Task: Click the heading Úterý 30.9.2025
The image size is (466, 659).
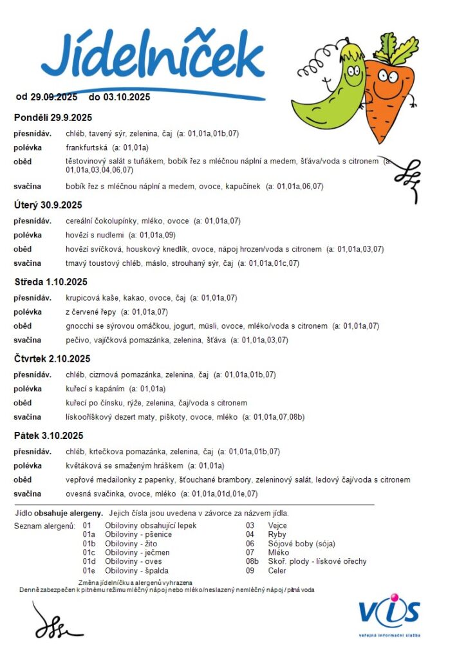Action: coord(48,205)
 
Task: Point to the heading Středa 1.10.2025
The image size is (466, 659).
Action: coord(51,282)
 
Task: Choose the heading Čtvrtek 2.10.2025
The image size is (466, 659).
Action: coord(52,359)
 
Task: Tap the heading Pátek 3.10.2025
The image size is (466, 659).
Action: coord(49,436)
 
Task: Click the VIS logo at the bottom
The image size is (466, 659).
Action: coord(389,615)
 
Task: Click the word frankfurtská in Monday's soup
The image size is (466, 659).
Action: coord(86,147)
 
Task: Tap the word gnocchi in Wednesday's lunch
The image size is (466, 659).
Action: coord(80,326)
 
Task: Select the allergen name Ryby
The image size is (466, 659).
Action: coord(277,534)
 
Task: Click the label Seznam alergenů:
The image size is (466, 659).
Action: coord(44,526)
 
